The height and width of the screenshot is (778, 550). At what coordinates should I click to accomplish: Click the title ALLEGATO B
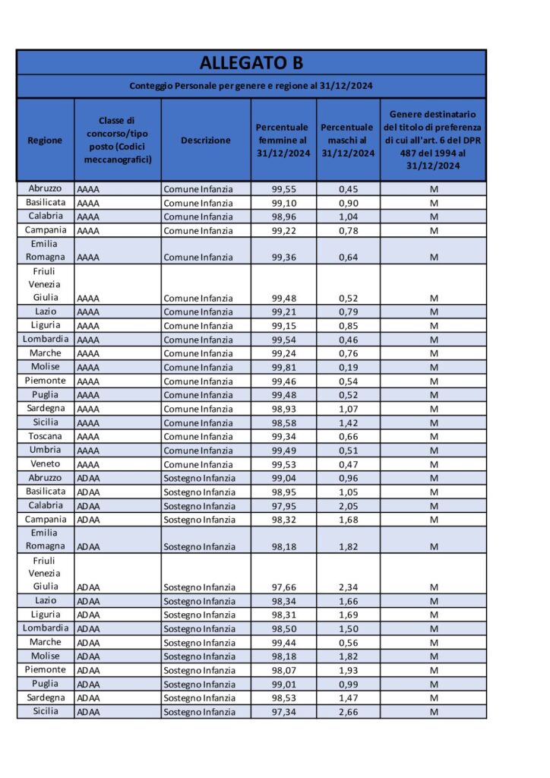coord(251,62)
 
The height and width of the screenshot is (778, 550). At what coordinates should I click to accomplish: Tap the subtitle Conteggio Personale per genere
coord(251,86)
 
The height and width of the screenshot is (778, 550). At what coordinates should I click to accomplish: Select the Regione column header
coord(45,140)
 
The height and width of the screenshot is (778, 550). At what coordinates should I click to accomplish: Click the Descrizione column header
coord(205,140)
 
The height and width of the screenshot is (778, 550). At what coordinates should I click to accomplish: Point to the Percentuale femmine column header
coord(283,140)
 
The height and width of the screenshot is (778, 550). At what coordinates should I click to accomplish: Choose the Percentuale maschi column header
coord(347,140)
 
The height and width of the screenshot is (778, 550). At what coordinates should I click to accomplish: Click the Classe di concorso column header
coord(117,140)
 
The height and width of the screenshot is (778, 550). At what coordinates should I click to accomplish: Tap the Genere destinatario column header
coord(432,140)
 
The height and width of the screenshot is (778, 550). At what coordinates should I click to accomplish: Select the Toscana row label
coord(46,437)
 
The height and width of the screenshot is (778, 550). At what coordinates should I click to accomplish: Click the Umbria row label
coord(46,451)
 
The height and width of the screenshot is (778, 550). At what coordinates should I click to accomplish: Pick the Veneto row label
coord(46,464)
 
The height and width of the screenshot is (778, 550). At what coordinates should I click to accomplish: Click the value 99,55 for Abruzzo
coord(283,188)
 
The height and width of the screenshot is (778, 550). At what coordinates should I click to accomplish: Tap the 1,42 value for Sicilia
coord(348,423)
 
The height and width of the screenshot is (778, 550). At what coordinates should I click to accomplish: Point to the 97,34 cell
coord(283,712)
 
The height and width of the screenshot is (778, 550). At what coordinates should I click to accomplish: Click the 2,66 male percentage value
coord(348,712)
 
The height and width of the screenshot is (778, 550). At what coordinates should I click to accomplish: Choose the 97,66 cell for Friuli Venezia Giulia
coord(283,587)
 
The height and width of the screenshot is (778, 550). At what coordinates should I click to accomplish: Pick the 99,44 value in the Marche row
coord(283,643)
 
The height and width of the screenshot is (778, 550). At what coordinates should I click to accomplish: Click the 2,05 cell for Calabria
coord(348,506)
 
